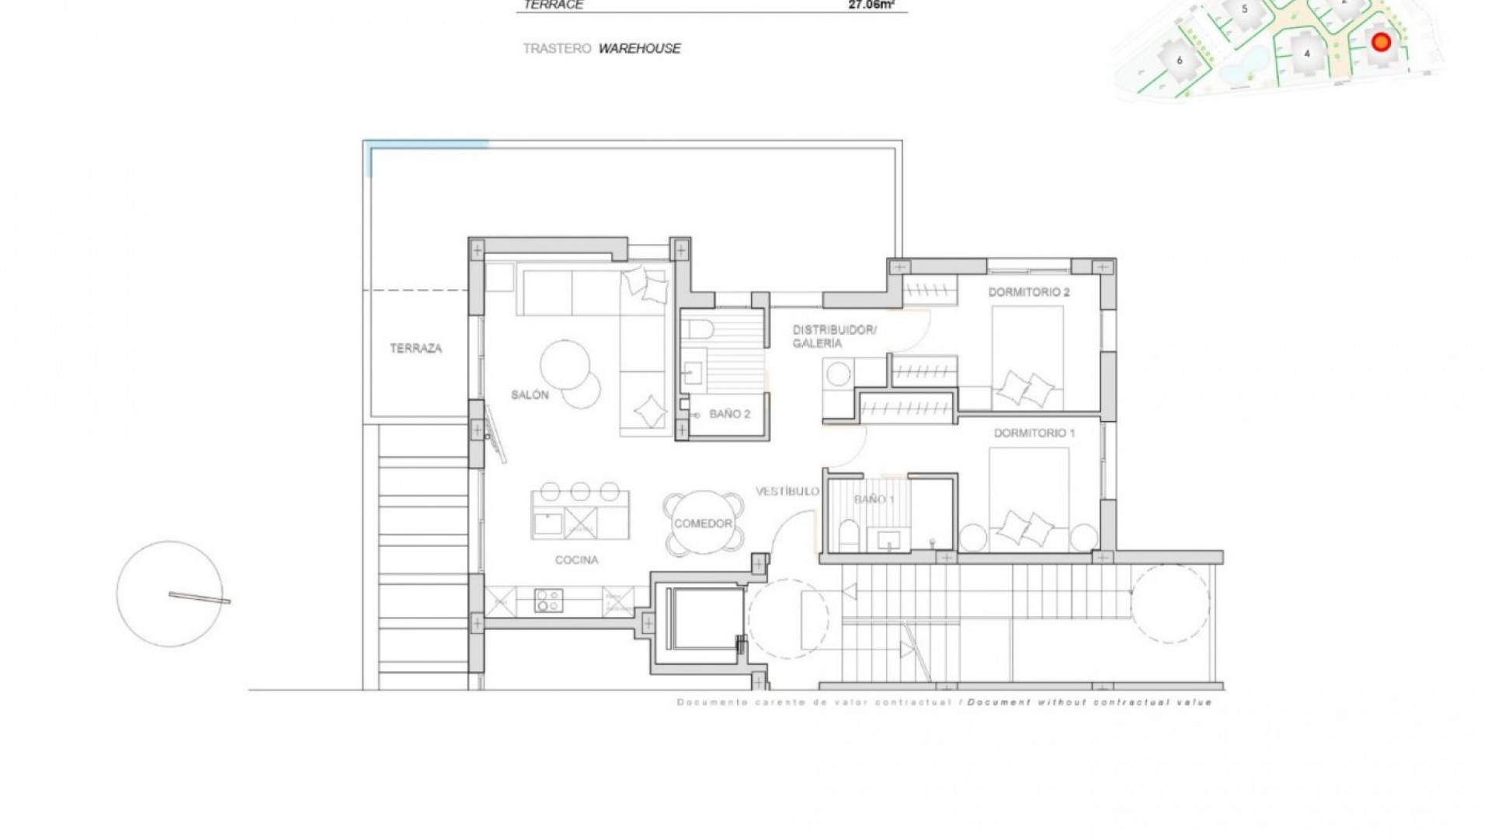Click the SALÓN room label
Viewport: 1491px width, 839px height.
tap(530, 395)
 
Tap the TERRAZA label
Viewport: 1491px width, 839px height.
tap(415, 349)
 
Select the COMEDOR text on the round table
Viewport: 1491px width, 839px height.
tap(703, 524)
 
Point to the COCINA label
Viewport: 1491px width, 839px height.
tap(576, 560)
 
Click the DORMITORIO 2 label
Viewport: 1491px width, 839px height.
tap(1029, 293)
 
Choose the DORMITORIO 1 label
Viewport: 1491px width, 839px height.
tap(1034, 433)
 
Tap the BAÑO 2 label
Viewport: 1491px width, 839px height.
tap(729, 414)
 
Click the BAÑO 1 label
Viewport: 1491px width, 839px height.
tap(874, 500)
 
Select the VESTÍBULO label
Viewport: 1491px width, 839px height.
tap(787, 492)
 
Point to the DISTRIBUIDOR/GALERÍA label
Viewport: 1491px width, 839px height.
tap(834, 336)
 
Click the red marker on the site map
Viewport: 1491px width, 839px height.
tap(1380, 42)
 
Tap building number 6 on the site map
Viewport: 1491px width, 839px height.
tap(1179, 60)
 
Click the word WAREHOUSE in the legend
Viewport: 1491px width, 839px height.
tap(639, 48)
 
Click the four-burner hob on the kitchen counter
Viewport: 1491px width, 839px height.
tap(548, 600)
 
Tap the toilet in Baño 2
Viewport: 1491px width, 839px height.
tap(700, 329)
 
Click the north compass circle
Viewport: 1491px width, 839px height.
tap(169, 594)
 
